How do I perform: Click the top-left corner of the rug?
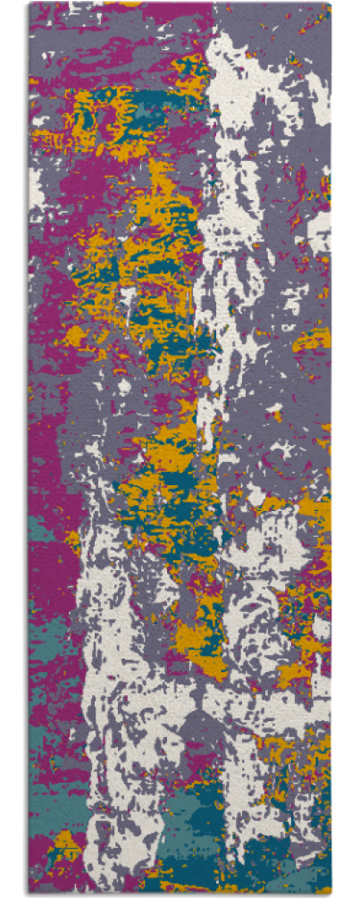click(29, 4)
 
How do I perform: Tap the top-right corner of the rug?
click(330, 4)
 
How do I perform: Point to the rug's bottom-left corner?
click(29, 893)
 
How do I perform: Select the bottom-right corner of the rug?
click(330, 893)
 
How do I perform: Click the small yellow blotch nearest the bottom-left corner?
click(64, 841)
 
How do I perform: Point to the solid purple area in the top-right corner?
click(295, 27)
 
